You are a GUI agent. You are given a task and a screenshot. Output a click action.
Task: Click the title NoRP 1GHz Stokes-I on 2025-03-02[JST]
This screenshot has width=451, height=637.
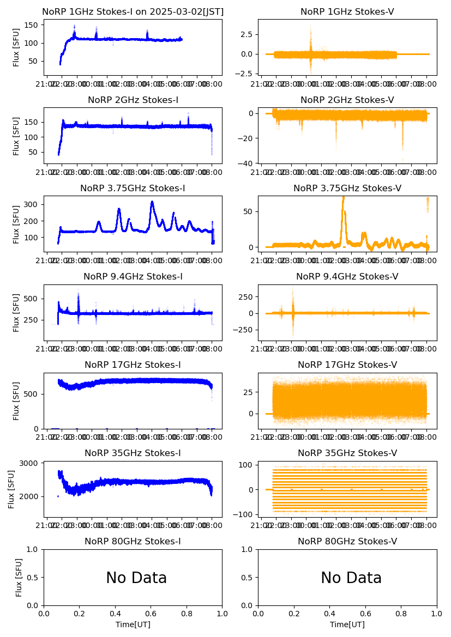(133, 11)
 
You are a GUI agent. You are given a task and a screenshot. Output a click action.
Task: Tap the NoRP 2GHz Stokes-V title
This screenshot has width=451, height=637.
(347, 100)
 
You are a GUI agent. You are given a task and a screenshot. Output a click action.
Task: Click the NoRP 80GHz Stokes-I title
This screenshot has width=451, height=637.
(133, 541)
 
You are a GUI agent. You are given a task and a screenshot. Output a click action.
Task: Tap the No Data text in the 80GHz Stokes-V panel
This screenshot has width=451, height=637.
(351, 578)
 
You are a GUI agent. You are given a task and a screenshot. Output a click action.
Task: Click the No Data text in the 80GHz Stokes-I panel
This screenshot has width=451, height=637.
(136, 578)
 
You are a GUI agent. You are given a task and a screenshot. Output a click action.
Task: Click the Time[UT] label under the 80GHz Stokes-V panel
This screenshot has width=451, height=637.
(347, 624)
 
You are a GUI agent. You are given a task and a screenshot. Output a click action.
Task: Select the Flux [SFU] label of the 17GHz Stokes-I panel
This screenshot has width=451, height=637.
(16, 401)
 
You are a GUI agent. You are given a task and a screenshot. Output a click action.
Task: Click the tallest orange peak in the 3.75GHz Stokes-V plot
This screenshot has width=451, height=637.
(343, 197)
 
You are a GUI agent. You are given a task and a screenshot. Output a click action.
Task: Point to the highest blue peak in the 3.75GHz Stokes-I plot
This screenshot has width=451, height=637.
(152, 202)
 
